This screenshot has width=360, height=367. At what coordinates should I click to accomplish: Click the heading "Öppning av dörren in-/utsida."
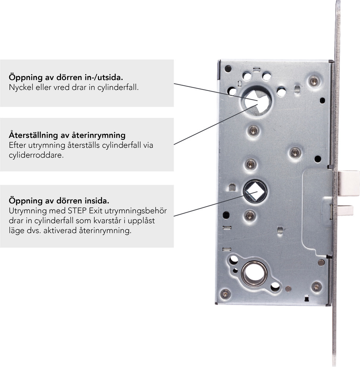(66, 77)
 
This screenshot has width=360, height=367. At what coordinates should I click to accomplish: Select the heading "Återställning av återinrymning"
(67, 135)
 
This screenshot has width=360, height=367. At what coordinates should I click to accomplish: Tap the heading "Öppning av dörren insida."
(59, 201)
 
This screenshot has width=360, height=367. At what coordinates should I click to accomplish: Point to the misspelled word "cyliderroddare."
(36, 155)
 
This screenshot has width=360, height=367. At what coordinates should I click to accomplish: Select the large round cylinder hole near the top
(257, 101)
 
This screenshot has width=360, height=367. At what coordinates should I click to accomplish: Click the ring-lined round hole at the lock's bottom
(254, 274)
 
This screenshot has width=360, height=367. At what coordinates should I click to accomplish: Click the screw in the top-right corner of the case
(314, 81)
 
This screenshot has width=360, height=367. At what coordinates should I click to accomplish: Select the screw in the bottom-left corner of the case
(226, 294)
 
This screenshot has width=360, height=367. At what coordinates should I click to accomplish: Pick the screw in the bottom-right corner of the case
(316, 287)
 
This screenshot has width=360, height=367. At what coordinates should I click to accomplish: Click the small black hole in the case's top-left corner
(228, 69)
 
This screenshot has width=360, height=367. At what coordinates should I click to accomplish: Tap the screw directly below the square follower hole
(250, 215)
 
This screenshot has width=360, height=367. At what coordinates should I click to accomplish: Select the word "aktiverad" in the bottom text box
(60, 231)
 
